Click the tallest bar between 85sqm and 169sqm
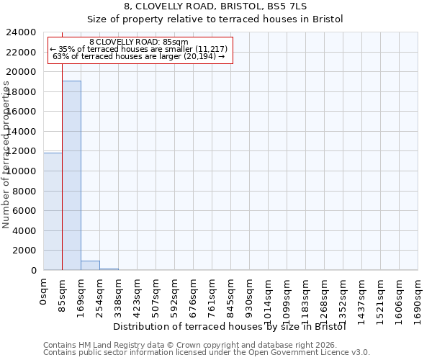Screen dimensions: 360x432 point(71,175)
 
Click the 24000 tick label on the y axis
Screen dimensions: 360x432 point(22,32)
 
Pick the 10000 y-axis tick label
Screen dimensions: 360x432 point(22,171)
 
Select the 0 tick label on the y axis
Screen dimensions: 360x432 point(34,271)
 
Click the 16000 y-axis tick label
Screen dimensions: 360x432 point(22,112)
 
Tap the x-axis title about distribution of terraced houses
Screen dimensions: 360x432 point(230,326)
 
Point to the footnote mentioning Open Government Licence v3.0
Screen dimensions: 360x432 point(207,353)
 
